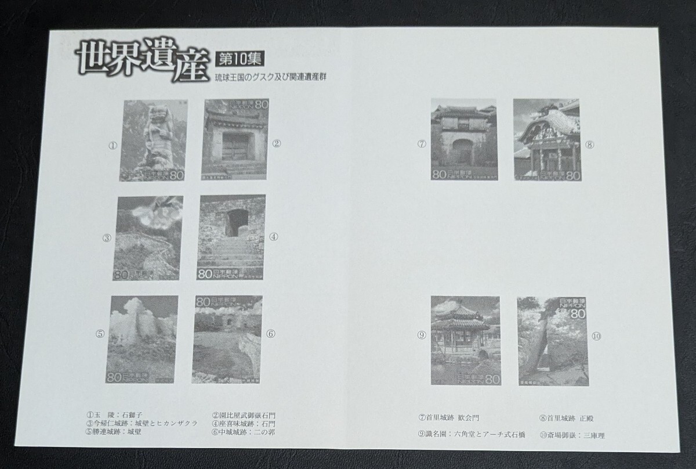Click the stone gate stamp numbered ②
234,140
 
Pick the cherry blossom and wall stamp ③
150,238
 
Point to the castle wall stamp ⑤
142,338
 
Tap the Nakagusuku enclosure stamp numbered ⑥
229,339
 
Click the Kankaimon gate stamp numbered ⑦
463,140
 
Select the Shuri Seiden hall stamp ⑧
546,140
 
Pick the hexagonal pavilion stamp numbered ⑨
465,340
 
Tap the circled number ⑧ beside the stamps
589,145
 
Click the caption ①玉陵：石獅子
114,416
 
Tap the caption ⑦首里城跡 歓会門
449,417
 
